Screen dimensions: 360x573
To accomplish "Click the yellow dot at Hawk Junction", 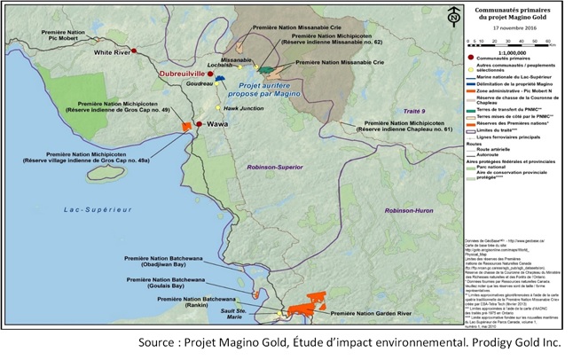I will click(x=224, y=108).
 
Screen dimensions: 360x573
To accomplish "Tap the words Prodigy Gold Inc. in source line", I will click(x=519, y=343).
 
